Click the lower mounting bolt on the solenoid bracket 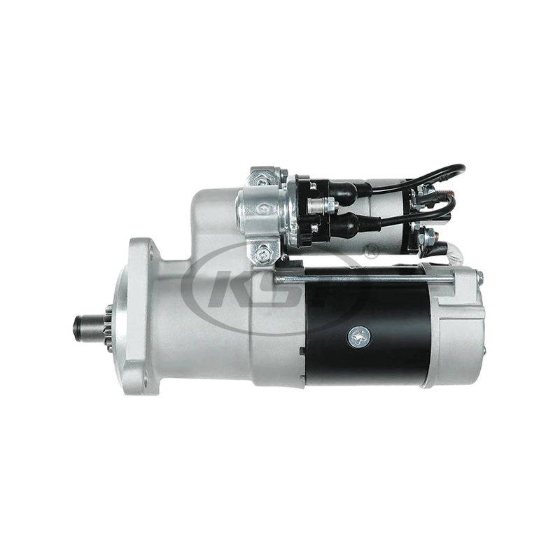point(265,249)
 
